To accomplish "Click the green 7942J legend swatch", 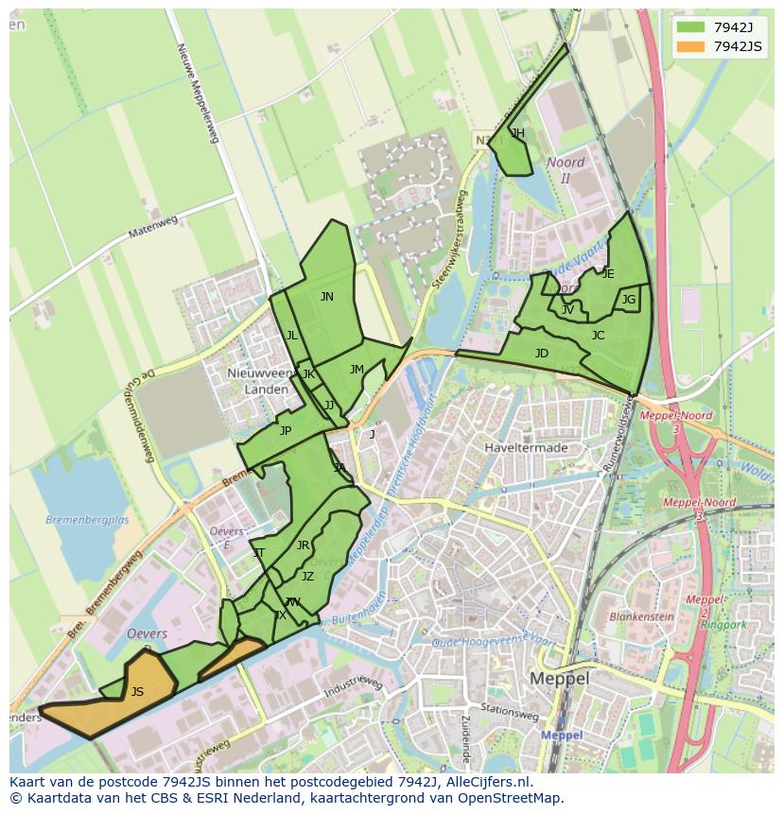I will tap(690, 28).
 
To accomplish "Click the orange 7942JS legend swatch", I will tap(690, 47).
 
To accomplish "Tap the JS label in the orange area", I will tap(137, 692).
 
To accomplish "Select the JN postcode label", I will tap(326, 297).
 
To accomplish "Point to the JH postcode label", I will tap(517, 133).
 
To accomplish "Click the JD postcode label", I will tap(541, 354).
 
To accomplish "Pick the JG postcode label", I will tap(629, 300).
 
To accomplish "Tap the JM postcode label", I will tap(357, 370).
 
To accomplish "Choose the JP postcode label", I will tap(285, 431).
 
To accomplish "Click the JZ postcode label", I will tap(307, 577).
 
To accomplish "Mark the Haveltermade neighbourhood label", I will tap(525, 447).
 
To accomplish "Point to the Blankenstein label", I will tap(641, 615).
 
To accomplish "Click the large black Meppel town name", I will tap(559, 679).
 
